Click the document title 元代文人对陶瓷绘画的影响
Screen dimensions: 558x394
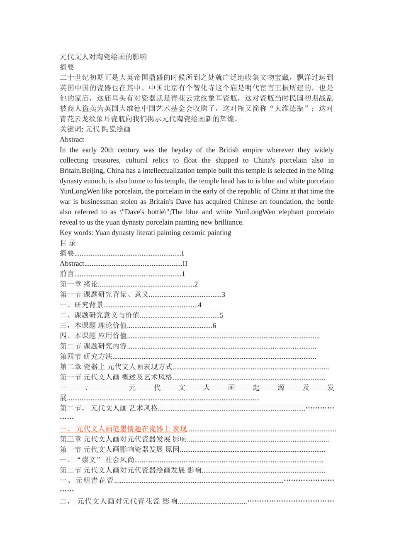coord(103,57)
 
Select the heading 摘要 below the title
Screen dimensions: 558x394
coord(67,67)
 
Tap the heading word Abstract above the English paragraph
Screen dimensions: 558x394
coord(72,139)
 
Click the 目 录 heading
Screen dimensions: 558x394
coord(68,243)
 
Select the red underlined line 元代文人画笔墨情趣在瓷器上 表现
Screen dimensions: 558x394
coord(123,429)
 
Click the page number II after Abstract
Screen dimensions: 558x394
coord(185,264)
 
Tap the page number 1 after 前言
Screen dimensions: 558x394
coord(183,274)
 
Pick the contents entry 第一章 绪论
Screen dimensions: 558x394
coord(79,284)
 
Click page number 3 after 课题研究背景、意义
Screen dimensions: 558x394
coord(223,295)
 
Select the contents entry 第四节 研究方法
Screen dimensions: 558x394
coord(86,357)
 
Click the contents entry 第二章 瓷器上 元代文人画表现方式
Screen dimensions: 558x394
coord(116,367)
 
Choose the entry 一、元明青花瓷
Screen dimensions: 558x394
coord(87,481)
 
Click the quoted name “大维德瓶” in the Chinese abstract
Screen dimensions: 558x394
coord(289,109)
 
